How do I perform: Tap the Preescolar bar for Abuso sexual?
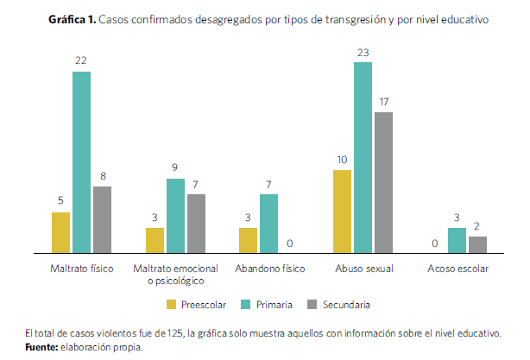tap(342, 211)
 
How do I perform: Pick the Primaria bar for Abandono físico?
tap(268, 223)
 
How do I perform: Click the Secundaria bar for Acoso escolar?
tap(477, 244)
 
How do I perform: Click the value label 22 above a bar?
tap(81, 61)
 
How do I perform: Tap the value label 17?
tap(383, 101)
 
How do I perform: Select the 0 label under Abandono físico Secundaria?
tap(290, 243)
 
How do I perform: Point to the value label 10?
tap(342, 160)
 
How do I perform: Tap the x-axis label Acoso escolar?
tap(457, 268)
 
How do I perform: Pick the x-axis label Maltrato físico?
tap(82, 268)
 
